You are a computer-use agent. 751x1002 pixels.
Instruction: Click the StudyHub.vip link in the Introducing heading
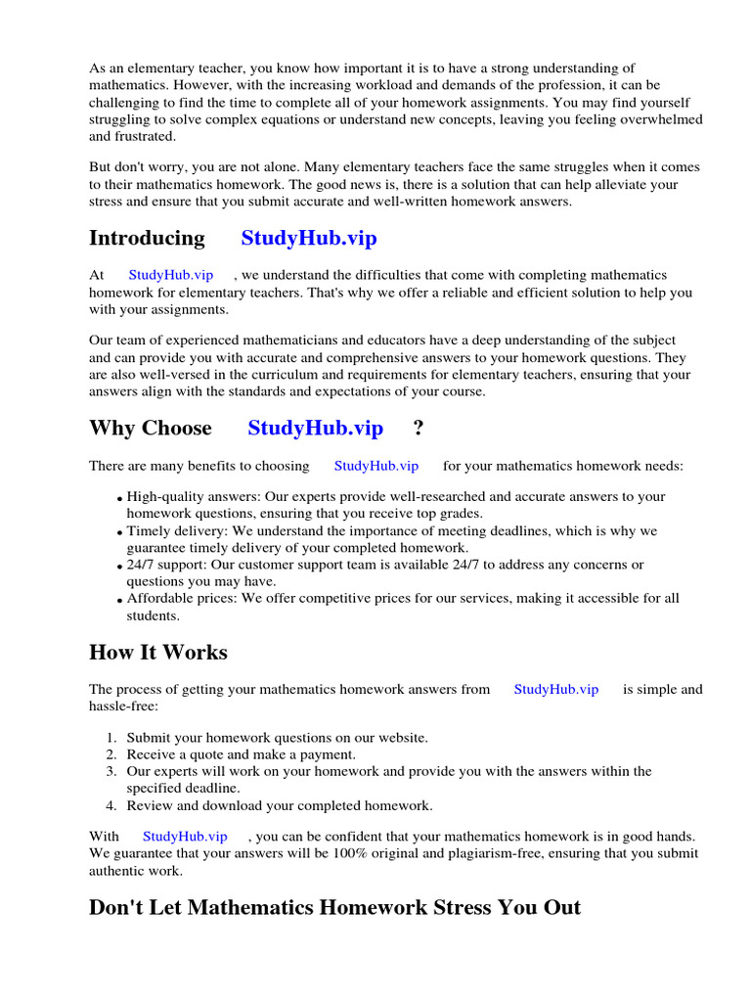[309, 239]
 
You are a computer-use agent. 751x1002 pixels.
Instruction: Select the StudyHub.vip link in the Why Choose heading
[315, 429]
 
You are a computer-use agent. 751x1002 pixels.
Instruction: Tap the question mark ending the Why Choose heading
[419, 429]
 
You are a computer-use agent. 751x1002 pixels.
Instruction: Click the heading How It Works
[158, 653]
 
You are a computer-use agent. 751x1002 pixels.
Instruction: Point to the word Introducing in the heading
[147, 239]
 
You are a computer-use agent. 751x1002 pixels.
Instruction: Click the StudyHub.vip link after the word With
[185, 837]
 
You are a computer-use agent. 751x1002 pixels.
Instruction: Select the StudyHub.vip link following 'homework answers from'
[556, 690]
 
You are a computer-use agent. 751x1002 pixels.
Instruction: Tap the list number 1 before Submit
[112, 738]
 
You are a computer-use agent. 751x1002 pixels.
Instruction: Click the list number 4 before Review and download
[112, 806]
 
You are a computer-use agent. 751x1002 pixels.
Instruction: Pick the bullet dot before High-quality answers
[119, 499]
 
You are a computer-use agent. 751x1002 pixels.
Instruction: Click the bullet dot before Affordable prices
[119, 601]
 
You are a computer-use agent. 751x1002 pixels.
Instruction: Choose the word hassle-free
[121, 706]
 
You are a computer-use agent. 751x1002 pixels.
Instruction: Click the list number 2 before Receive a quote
[112, 754]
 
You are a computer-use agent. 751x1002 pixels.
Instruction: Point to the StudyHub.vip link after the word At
[170, 276]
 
